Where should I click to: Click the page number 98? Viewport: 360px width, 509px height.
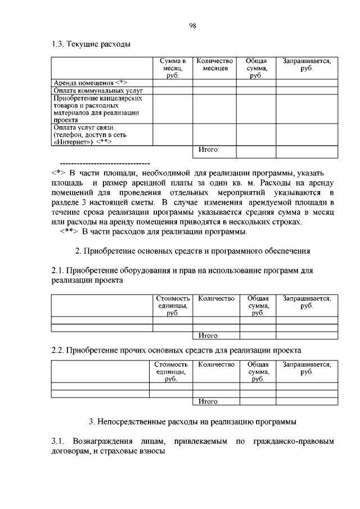pos(192,25)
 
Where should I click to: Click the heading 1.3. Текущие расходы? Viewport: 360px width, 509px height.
pos(91,44)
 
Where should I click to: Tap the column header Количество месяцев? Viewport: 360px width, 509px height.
pos(214,64)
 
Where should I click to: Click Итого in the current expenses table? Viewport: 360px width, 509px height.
pos(209,150)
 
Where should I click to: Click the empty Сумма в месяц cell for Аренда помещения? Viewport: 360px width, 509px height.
pos(172,83)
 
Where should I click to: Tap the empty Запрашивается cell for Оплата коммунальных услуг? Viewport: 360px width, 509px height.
pos(307,90)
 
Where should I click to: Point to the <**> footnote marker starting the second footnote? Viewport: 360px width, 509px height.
pos(70,232)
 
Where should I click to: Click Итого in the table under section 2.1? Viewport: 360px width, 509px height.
pos(209,336)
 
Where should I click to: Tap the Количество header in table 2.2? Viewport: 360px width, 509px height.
pos(216,364)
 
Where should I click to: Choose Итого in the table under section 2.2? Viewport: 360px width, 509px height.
pos(209,402)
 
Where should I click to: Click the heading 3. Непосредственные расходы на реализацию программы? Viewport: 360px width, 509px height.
pos(193,421)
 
